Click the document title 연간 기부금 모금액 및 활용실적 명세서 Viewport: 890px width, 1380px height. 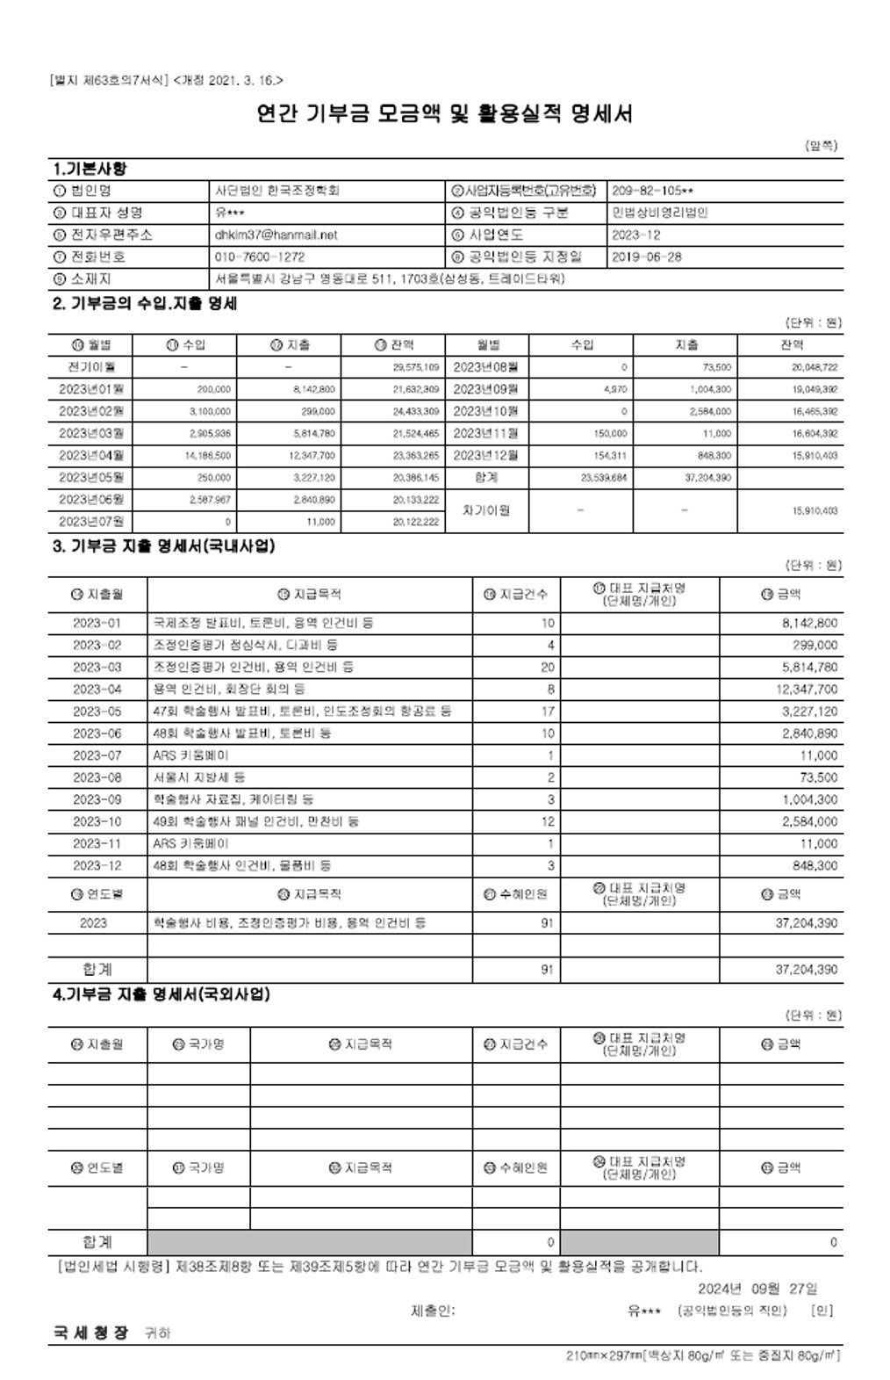pos(444,114)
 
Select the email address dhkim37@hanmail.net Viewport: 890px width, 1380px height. pos(276,235)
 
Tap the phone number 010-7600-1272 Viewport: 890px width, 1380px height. pos(260,257)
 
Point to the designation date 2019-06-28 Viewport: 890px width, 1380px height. pos(646,257)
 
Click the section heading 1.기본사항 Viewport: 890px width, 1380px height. pos(90,169)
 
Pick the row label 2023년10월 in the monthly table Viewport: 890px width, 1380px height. pos(485,411)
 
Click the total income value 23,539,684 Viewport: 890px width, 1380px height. pos(604,478)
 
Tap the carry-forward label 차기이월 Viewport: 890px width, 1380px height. pos(485,510)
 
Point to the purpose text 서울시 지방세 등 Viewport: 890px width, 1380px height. pos(199,777)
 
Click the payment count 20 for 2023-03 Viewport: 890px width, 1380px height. pos(548,668)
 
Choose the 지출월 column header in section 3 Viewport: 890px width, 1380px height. pos(97,595)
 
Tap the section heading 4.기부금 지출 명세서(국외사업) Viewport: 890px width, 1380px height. pos(161,994)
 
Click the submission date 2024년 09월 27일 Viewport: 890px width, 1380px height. pos(757,1289)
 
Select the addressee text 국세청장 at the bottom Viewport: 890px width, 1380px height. pos(91,1333)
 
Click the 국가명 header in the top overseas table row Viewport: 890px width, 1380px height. pos(199,1044)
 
